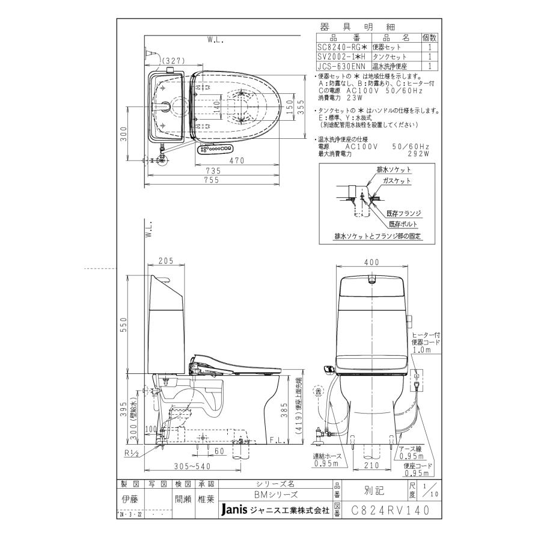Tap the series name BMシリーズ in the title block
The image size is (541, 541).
(x=275, y=494)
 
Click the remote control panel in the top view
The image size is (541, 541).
(x=215, y=148)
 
